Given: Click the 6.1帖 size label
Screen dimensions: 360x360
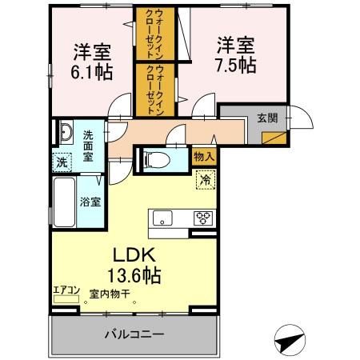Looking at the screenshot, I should tap(90, 70).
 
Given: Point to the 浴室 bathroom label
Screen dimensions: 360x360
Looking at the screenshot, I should tap(90, 202).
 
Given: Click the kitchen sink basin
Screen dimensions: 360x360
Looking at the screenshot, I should tap(162, 217).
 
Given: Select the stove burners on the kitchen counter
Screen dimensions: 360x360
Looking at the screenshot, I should tap(204, 217).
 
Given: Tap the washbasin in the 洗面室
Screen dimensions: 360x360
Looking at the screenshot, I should tap(63, 133).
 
